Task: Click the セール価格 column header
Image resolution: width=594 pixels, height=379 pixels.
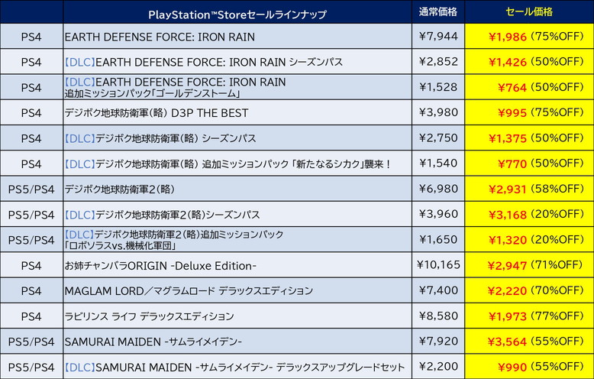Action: [x=529, y=12]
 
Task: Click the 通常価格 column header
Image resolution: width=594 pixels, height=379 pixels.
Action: [x=437, y=12]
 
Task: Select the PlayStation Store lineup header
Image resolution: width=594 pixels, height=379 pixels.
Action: [x=237, y=15]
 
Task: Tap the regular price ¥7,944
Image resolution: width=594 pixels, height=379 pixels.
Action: [x=437, y=36]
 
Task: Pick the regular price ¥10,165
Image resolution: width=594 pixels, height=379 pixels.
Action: [x=437, y=265]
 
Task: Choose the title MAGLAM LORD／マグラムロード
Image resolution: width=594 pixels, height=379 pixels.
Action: [x=189, y=290]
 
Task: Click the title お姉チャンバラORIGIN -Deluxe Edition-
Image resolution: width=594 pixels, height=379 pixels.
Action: [x=160, y=265]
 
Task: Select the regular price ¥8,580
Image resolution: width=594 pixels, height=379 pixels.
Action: [x=437, y=316]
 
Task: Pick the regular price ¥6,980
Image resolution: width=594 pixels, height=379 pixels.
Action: [x=437, y=189]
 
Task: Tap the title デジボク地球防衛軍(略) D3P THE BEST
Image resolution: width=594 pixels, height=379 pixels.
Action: [x=157, y=112]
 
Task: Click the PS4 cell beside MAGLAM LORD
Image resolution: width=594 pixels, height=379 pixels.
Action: [x=31, y=290]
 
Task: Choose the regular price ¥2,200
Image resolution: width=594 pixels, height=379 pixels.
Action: [x=437, y=366]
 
